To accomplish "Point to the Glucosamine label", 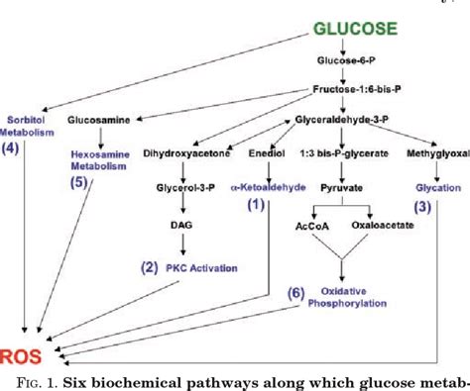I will tap(97, 120).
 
